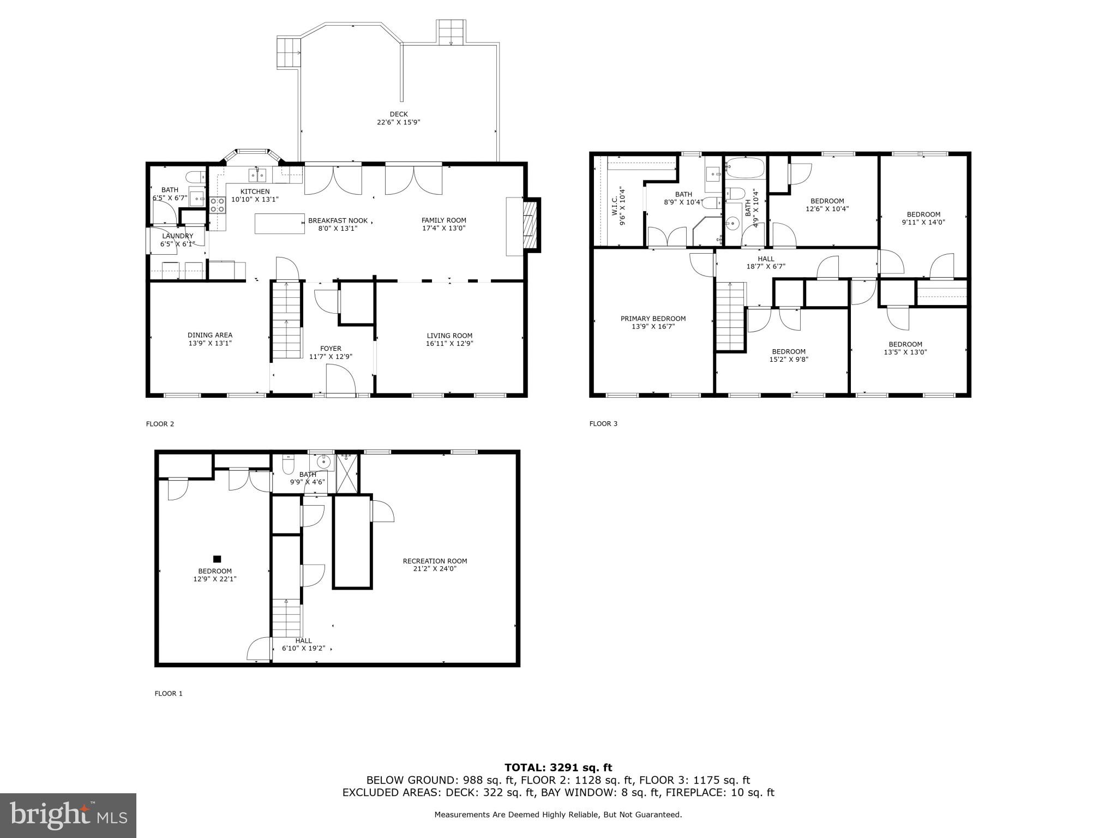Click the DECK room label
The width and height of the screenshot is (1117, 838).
pyautogui.click(x=398, y=115)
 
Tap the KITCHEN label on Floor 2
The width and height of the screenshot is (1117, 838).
pyautogui.click(x=255, y=191)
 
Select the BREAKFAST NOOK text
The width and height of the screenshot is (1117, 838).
pyautogui.click(x=338, y=220)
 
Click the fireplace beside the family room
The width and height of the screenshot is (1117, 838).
pyautogui.click(x=530, y=225)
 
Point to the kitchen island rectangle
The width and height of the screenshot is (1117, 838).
pyautogui.click(x=279, y=224)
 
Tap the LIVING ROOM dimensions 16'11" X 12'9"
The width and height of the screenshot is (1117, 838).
pyautogui.click(x=449, y=344)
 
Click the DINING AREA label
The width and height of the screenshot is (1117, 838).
pyautogui.click(x=209, y=335)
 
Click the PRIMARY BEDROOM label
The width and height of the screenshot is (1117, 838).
pyautogui.click(x=653, y=319)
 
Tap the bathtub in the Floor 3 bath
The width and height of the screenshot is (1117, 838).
pyautogui.click(x=745, y=168)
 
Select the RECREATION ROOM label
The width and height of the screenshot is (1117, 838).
pyautogui.click(x=435, y=561)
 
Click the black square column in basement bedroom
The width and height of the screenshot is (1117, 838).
pyautogui.click(x=217, y=559)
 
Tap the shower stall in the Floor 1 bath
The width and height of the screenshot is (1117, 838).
pyautogui.click(x=347, y=473)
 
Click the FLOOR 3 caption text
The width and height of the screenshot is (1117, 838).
pyautogui.click(x=603, y=423)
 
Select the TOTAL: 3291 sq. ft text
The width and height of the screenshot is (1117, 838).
pyautogui.click(x=558, y=768)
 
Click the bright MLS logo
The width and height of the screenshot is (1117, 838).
pyautogui.click(x=68, y=816)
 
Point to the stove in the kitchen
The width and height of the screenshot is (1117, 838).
pyautogui.click(x=218, y=204)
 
